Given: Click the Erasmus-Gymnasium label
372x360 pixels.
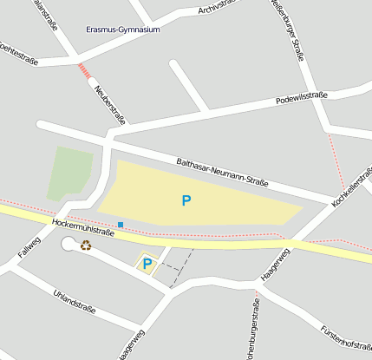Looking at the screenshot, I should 123,29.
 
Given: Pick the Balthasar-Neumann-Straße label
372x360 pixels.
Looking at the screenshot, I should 223,172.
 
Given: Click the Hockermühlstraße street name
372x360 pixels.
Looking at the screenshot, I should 83,228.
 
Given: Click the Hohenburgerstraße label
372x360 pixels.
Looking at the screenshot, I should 252,331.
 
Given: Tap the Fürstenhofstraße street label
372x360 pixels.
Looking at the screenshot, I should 345,344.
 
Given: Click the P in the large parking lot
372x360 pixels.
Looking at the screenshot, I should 186,200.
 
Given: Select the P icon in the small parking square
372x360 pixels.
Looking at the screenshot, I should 147,263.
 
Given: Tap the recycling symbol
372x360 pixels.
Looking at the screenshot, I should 86,245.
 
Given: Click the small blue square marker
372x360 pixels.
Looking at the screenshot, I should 121,225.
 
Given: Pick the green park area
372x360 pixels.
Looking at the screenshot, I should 70,172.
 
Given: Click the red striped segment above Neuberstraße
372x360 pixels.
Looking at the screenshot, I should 84,70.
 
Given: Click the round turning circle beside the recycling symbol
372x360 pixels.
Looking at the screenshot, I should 69,245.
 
